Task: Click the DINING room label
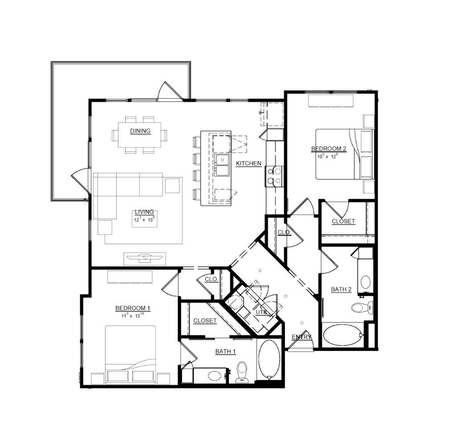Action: pos(140,131)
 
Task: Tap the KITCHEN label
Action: pos(248,163)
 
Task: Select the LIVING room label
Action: pos(144,212)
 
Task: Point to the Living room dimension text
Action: pos(144,219)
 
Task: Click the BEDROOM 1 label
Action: pos(133,308)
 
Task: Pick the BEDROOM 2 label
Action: pos(329,149)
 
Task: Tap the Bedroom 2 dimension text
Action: pos(327,156)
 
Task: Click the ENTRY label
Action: pos(301,337)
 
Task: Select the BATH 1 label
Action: pos(225,351)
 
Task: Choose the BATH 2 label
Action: pos(341,290)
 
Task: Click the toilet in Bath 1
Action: pos(242,372)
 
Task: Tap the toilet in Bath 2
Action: pos(362,307)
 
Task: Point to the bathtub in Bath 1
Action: pos(269,360)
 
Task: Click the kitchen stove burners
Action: pos(274,176)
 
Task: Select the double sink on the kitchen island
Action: pos(222,165)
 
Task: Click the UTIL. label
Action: pos(261,312)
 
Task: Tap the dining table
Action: pos(139,135)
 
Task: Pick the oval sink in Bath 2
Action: pos(366,282)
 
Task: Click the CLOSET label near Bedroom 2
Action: pos(343,221)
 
